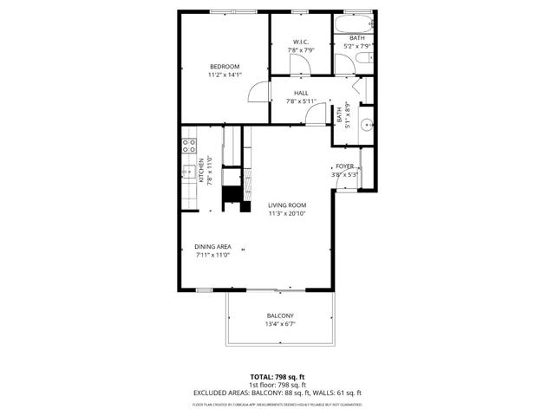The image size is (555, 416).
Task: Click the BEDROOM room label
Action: click(225, 67)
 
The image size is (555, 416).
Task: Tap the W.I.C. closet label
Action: click(301, 42)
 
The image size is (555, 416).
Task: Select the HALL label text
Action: click(301, 93)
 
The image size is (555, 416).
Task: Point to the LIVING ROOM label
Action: click(287, 205)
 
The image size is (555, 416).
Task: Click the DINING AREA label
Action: click(212, 246)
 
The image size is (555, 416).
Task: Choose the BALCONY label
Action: click(280, 315)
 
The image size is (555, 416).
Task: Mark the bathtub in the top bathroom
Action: click(356, 24)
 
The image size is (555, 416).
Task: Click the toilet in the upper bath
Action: click(364, 58)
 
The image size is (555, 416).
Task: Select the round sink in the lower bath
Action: click(366, 123)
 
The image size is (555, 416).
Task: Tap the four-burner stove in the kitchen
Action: click(187, 146)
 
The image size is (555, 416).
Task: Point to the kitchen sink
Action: click(186, 172)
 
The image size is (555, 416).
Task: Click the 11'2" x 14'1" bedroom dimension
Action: click(225, 75)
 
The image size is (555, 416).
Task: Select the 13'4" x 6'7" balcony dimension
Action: click(280, 324)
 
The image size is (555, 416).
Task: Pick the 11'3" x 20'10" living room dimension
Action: click(287, 213)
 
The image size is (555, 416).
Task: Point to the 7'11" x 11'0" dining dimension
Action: click(212, 255)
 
